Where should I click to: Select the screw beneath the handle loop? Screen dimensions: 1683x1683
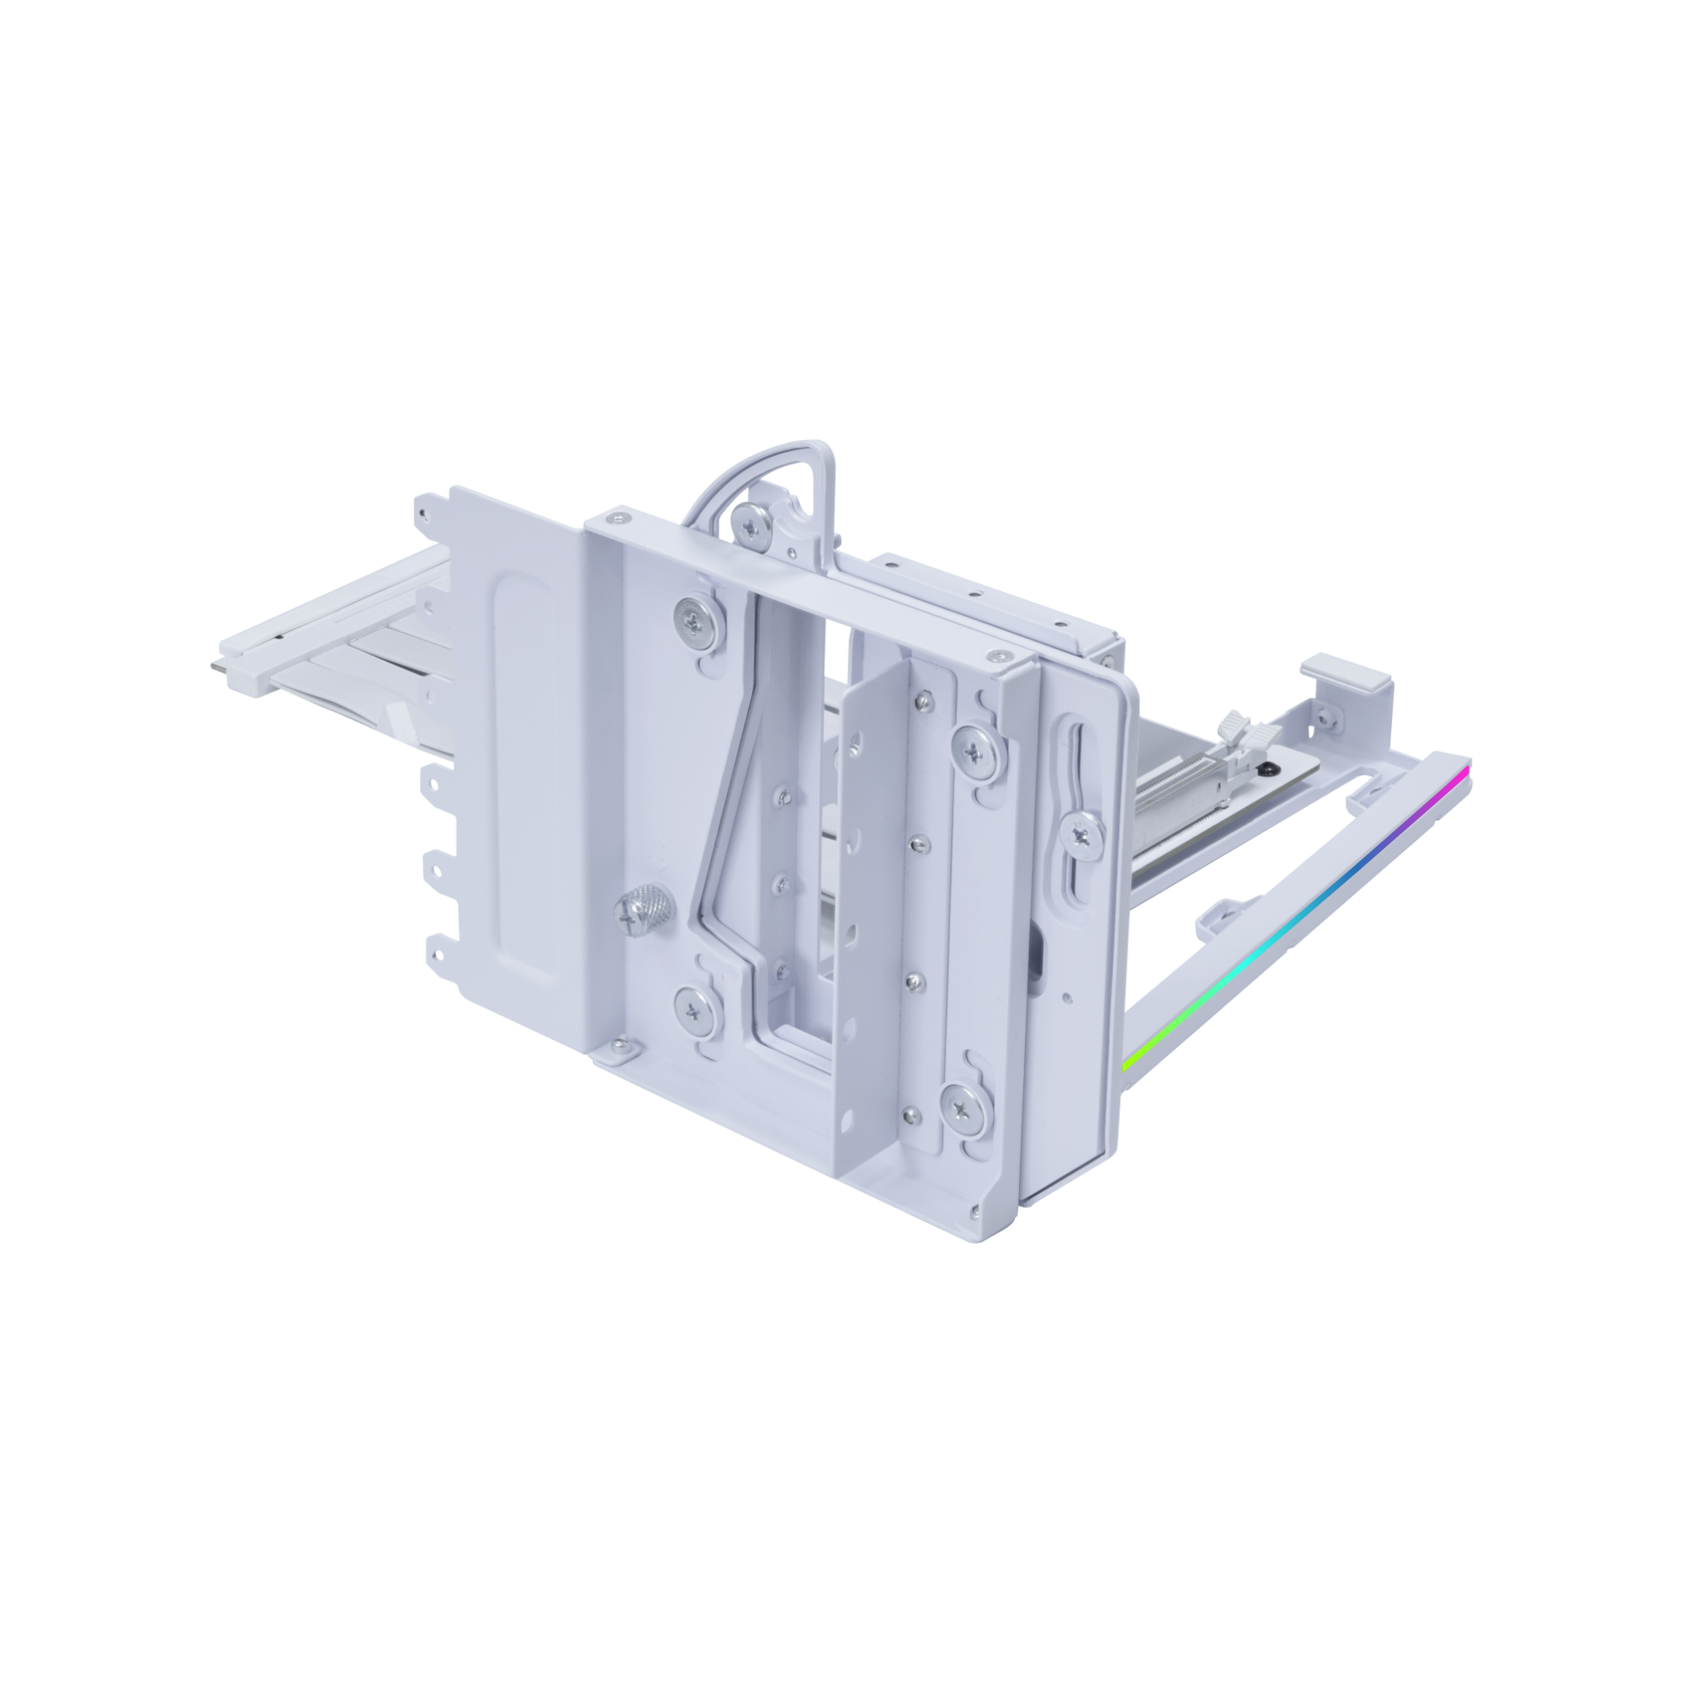pyautogui.click(x=751, y=523)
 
